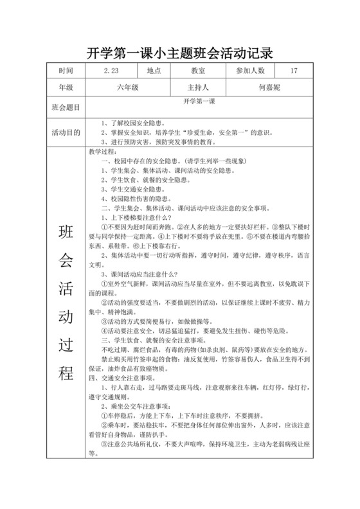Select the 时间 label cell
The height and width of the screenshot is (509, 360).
[66, 70]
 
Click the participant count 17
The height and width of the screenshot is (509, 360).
[293, 70]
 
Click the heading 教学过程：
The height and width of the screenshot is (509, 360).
[104, 152]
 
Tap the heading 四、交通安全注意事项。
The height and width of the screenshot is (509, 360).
[128, 378]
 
